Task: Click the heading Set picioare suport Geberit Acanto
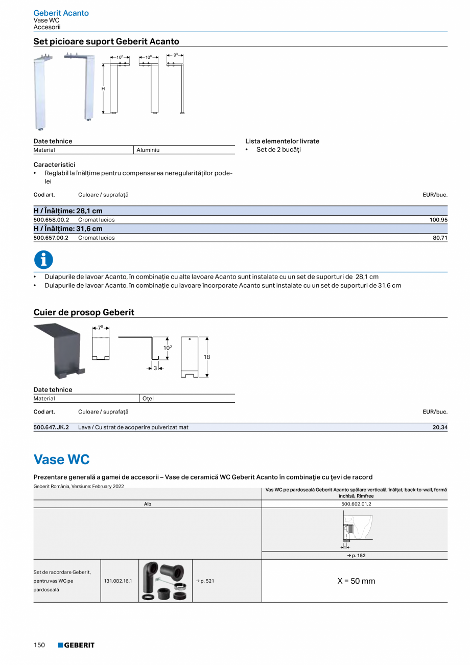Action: (106, 41)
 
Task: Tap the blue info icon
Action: (43, 260)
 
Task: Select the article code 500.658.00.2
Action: (51, 220)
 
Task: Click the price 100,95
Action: (438, 220)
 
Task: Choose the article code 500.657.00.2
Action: (51, 238)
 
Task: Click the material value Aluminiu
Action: (148, 150)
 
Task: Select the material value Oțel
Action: (148, 399)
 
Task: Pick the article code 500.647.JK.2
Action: (51, 427)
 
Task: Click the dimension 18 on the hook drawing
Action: (207, 357)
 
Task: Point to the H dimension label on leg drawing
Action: (103, 89)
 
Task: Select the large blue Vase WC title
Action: (61, 460)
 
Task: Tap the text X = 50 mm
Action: (356, 581)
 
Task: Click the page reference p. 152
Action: (356, 556)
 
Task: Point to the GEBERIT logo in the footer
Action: (76, 645)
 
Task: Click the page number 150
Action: (39, 645)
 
